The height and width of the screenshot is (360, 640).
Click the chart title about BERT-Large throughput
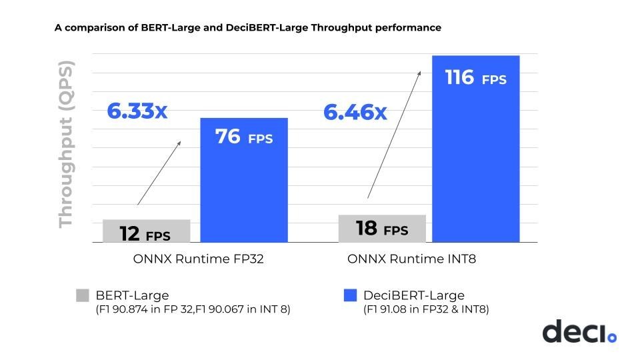coord(247,28)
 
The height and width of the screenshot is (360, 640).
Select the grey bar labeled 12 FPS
coord(147,231)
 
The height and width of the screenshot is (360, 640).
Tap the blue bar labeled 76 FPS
coord(244,180)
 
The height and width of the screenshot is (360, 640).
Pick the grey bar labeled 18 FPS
coord(382,229)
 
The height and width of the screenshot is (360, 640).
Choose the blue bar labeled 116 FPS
coord(475,149)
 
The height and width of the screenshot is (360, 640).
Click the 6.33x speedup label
coord(137,111)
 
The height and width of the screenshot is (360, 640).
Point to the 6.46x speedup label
coord(355,112)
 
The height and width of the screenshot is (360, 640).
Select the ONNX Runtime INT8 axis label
coord(411,259)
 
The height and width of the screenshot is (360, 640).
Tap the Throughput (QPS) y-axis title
coord(65,144)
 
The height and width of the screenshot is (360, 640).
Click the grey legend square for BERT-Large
coord(82,295)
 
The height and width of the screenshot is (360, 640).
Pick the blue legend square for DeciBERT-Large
coord(350,295)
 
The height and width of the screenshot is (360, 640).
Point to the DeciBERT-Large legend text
coord(413,295)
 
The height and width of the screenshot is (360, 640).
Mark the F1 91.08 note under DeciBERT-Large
coord(426,309)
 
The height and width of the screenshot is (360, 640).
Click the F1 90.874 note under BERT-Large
coord(193,309)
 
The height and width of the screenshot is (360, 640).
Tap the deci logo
coord(579,331)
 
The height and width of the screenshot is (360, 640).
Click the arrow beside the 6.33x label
coord(159,173)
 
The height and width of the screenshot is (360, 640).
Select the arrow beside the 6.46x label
coord(395,134)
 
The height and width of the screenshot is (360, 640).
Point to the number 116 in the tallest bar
coord(459,78)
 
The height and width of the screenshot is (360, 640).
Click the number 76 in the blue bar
coord(227,137)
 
